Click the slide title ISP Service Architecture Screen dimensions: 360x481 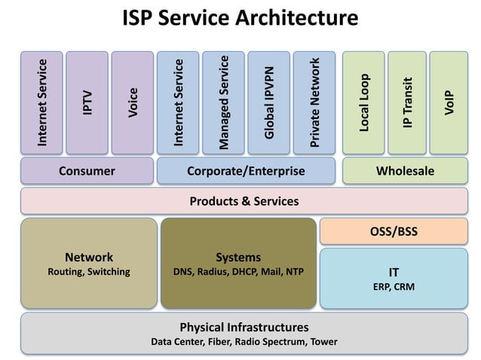coord(240,17)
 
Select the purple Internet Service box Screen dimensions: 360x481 coord(41,102)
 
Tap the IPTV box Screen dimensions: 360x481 coord(87,102)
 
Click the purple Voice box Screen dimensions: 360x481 coord(132,102)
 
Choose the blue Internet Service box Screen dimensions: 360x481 coord(178,102)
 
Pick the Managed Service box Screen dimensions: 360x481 coord(223,102)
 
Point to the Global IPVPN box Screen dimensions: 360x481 coord(268,102)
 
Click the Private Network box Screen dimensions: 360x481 coord(314,102)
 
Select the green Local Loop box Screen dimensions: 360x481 coord(363,102)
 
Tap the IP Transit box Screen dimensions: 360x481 coord(407,102)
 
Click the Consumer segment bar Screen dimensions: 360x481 coord(87,171)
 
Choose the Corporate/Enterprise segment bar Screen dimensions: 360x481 coord(246,171)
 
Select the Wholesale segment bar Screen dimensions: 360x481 coord(405,171)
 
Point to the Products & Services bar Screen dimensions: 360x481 coord(244,201)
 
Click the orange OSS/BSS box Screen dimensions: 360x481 coord(394,232)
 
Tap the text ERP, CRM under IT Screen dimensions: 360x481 coord(394,287)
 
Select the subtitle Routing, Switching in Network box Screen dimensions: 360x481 coord(89,272)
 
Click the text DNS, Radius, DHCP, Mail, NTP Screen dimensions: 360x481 coord(238,272)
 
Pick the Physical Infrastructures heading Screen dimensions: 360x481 coord(244,328)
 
